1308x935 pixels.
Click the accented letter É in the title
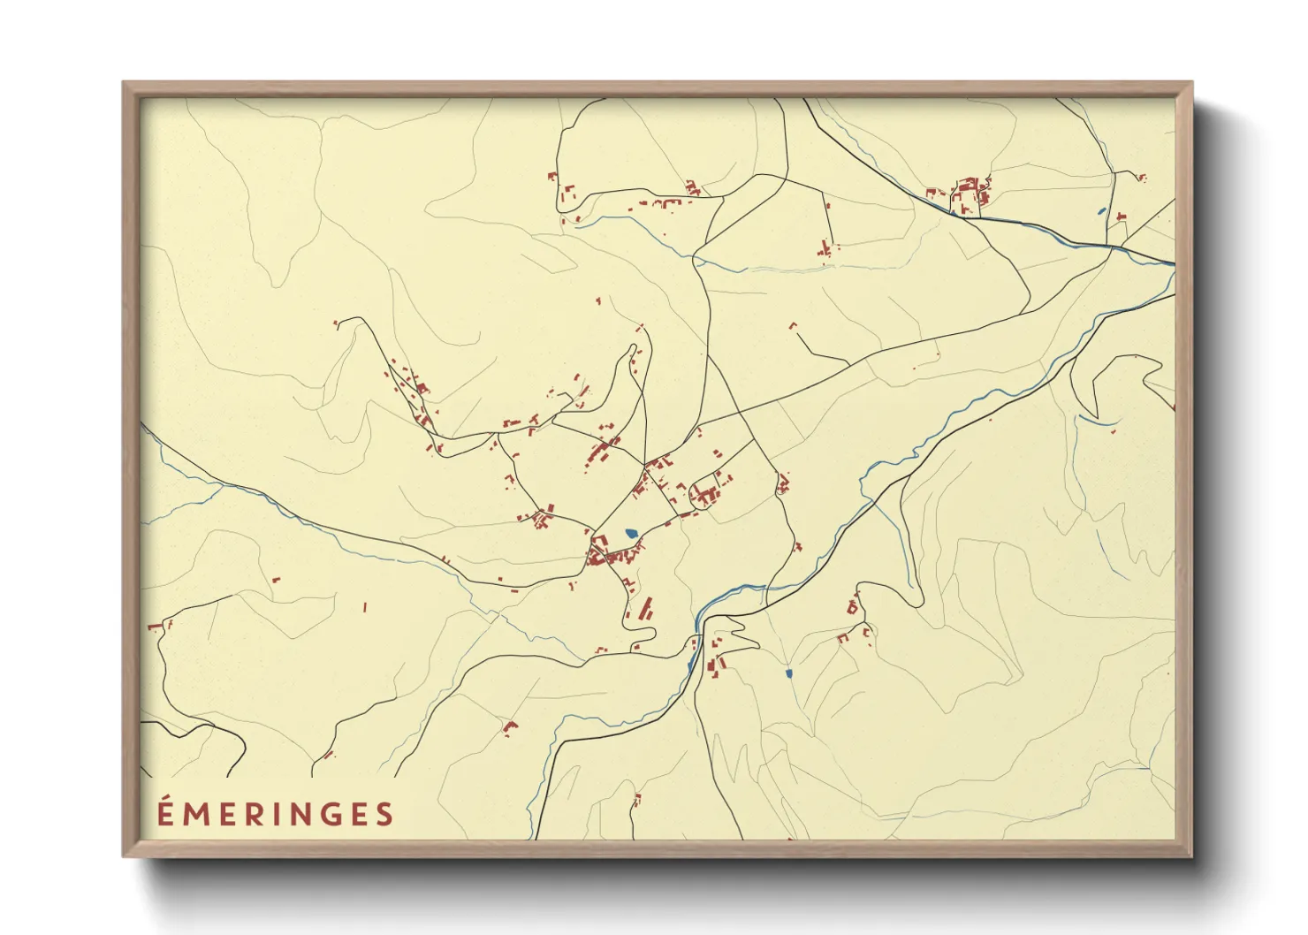coord(164,812)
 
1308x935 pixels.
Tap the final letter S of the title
coord(384,814)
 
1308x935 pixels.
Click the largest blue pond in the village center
coord(630,533)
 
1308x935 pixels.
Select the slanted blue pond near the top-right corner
coord(1100,211)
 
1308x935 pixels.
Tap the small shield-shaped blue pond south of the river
coord(788,674)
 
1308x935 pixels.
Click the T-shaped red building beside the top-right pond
coord(1121,216)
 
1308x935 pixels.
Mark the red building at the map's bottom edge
coord(790,837)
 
